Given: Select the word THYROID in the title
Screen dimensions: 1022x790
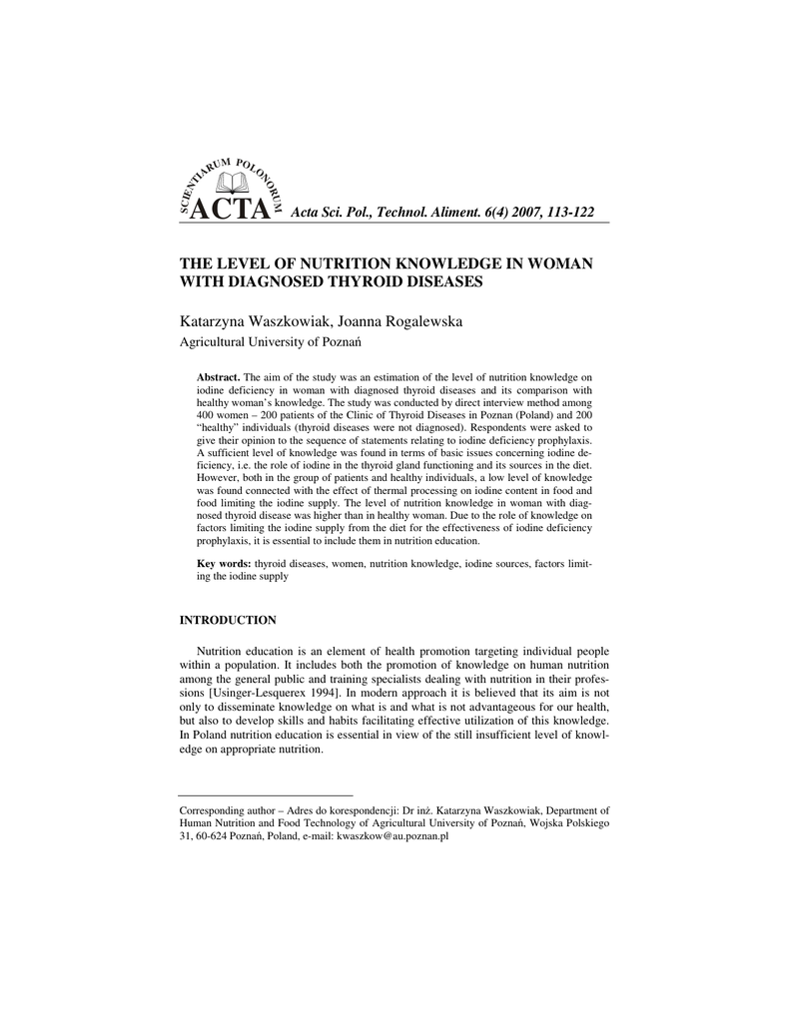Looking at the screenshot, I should pos(371,281).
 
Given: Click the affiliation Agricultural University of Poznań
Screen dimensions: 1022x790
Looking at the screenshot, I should pos(269,342).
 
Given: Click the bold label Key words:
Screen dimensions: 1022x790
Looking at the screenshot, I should pos(224,564).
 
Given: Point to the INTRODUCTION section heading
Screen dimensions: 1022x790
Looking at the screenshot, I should pos(228,620).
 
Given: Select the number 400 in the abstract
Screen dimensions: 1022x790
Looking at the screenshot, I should pos(208,414).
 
